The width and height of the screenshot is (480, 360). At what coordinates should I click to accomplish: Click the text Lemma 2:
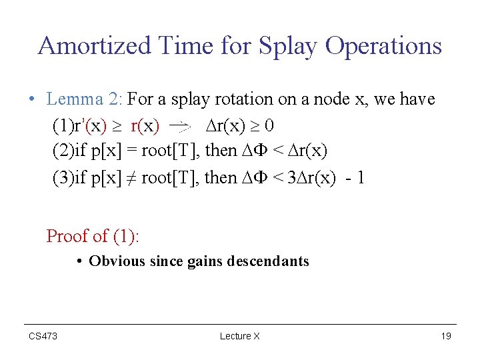coord(84,99)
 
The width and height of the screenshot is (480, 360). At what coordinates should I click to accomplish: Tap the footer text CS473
coord(43,336)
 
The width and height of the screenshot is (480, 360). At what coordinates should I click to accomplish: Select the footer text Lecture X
coord(239,336)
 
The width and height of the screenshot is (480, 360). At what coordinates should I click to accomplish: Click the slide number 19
coord(446,336)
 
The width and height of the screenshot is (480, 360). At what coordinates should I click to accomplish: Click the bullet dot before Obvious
coord(79,261)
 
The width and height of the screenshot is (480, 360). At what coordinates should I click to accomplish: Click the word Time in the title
coord(181,46)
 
